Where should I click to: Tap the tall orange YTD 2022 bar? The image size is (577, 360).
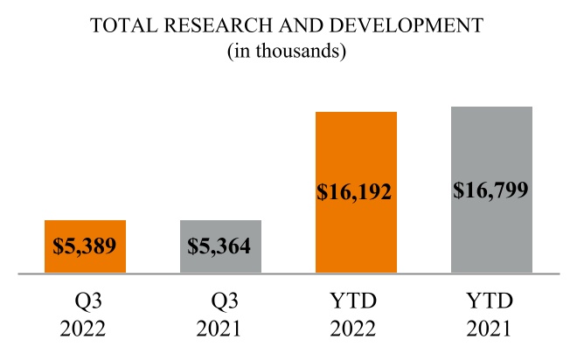356,149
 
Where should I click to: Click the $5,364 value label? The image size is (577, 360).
220,246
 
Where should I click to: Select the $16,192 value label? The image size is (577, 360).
356,192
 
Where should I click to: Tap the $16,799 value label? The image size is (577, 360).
491,190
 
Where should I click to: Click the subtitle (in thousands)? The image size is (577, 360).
288,52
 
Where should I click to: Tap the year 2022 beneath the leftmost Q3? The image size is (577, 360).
85,330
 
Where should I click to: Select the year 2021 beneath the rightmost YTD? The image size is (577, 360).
491,330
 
